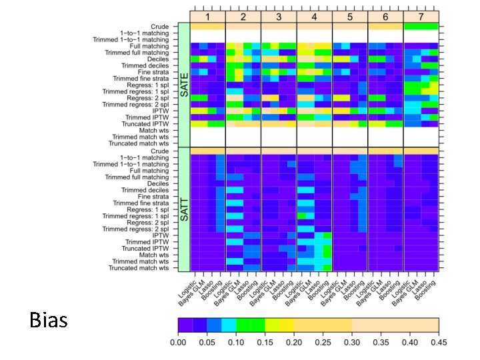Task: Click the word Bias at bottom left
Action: click(49, 321)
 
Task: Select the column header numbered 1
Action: click(207, 16)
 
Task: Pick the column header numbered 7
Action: click(421, 16)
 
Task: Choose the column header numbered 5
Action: click(350, 16)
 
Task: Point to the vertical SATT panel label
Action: click(184, 209)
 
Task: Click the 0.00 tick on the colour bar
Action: click(178, 342)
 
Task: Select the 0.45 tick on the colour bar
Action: click(439, 342)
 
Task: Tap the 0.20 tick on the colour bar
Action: click(294, 342)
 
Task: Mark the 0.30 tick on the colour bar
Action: click(352, 342)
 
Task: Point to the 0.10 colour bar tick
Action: click(236, 342)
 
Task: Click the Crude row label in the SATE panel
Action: click(159, 27)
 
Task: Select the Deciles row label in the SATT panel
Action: click(157, 183)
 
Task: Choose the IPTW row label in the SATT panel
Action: click(160, 235)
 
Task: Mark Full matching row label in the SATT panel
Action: click(149, 171)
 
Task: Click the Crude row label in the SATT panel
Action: click(159, 151)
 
